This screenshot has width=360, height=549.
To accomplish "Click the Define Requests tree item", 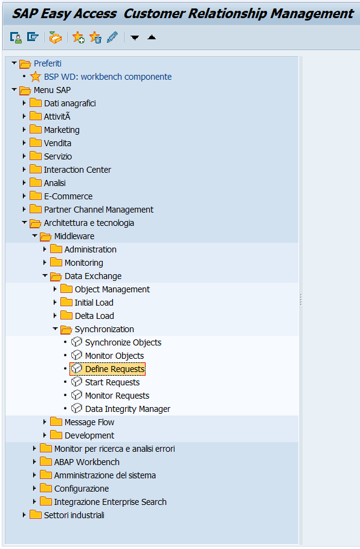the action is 115,369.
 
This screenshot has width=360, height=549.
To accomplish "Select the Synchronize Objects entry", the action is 123,342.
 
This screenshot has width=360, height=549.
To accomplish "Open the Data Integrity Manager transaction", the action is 127,409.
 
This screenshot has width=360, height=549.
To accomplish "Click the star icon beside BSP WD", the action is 36,77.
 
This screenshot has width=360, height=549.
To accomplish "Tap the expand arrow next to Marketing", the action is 24,130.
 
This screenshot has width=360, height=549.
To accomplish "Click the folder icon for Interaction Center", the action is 36,170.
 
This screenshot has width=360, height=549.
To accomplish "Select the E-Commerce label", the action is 68,196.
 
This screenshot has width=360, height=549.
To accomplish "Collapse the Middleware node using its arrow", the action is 34,236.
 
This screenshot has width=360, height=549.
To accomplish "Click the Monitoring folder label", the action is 84,263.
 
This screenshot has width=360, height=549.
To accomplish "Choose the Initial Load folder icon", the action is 66,302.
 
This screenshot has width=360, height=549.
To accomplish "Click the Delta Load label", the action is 94,316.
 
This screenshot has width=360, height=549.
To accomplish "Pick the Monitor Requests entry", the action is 117,396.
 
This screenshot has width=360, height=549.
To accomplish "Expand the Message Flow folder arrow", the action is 45,422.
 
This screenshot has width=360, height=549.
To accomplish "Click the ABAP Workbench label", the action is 87,462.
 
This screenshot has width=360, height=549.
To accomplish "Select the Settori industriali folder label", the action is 74,515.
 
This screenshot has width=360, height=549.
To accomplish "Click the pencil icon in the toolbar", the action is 112,37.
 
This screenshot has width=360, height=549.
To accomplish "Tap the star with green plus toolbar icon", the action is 78,37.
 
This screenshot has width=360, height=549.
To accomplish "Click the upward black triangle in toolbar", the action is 152,37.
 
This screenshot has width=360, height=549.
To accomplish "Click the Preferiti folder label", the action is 48,63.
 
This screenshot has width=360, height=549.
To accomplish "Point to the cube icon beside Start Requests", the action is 76,382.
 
